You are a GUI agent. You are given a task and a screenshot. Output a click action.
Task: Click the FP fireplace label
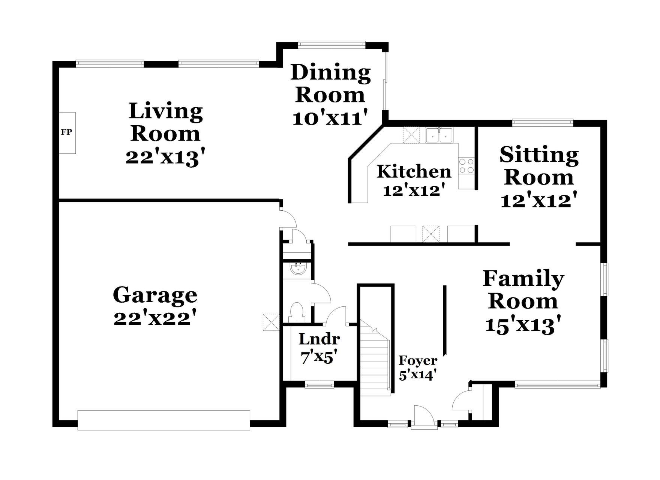pos(66,132)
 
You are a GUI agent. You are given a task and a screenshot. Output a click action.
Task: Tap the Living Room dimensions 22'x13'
pos(166,157)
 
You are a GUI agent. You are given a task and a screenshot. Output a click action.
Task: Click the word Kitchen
pos(414,172)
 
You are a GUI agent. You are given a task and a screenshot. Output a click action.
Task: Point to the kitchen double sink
pos(439,135)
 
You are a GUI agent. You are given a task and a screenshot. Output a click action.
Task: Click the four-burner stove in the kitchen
pos(466,166)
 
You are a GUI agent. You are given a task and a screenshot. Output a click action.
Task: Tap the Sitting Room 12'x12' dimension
pos(538,200)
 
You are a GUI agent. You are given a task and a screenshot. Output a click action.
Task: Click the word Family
pos(523,278)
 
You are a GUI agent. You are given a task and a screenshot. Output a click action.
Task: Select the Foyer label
pos(418,360)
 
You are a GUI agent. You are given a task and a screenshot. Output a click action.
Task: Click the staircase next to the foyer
pos(375,360)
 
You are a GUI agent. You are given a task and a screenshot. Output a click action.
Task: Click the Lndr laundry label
pos(319,339)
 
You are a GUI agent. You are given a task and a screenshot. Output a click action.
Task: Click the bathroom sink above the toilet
pos(299,268)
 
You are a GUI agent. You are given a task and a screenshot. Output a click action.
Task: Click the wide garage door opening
pos(163,420)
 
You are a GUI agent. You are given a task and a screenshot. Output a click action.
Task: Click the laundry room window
pos(319,384)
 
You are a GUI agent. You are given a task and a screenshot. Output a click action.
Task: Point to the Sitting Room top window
pos(543,121)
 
